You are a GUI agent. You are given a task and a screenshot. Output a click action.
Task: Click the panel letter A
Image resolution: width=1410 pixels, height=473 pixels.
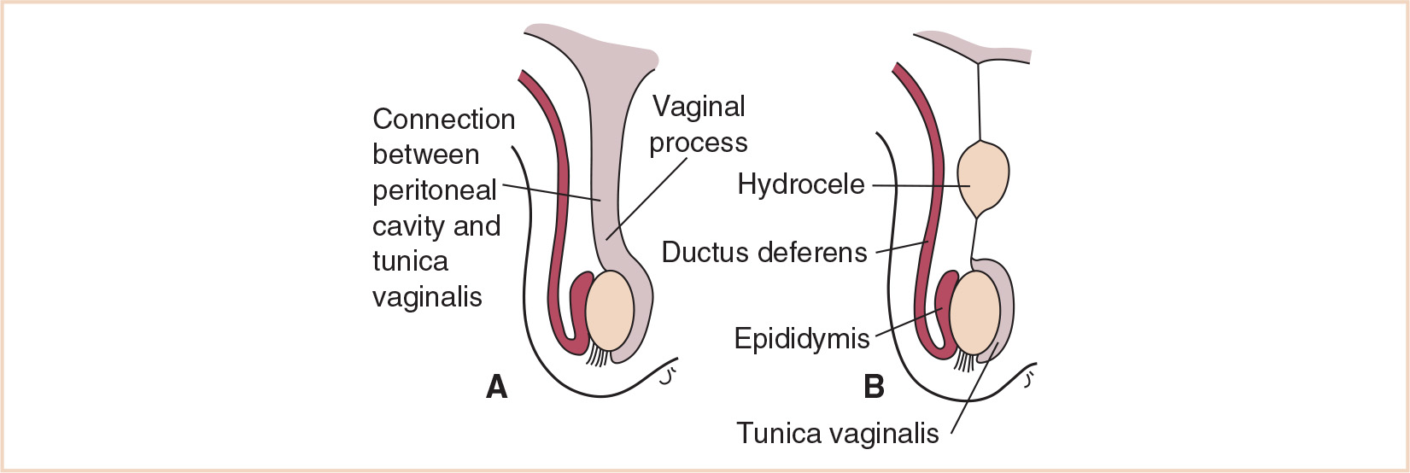[496, 387]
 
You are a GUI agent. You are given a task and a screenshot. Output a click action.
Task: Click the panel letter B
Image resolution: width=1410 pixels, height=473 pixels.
[874, 387]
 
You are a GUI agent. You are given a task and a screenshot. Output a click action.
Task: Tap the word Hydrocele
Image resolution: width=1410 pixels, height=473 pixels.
[801, 184]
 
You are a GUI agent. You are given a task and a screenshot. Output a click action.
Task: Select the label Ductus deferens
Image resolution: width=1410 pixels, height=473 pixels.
[764, 253]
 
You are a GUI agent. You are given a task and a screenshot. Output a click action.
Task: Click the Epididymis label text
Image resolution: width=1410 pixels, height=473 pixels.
[802, 339]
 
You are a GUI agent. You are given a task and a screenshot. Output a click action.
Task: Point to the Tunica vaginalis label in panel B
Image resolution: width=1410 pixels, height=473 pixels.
[837, 434]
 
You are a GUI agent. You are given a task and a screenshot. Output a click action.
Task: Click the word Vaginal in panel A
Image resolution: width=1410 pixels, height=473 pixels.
[699, 107]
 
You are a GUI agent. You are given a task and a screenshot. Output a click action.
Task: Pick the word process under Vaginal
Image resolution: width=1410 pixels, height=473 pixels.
[698, 143]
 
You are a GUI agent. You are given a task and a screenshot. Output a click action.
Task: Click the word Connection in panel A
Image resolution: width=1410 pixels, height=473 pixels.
[444, 119]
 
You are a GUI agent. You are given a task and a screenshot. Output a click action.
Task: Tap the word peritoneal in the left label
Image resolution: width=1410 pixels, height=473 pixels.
[435, 190]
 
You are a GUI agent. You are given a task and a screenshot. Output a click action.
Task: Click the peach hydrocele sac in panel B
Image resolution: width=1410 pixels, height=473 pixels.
[984, 178]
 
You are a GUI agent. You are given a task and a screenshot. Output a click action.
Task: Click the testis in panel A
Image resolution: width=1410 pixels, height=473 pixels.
[611, 310]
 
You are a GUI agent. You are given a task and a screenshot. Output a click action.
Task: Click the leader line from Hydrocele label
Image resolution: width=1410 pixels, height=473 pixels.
[918, 185]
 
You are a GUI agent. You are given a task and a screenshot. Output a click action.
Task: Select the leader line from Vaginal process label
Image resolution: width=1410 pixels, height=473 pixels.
[649, 196]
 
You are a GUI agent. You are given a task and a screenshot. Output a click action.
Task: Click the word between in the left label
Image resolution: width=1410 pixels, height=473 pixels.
[425, 155]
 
